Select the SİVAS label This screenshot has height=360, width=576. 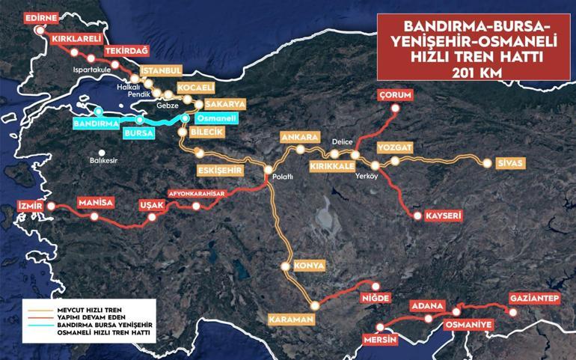[x=510, y=163]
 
